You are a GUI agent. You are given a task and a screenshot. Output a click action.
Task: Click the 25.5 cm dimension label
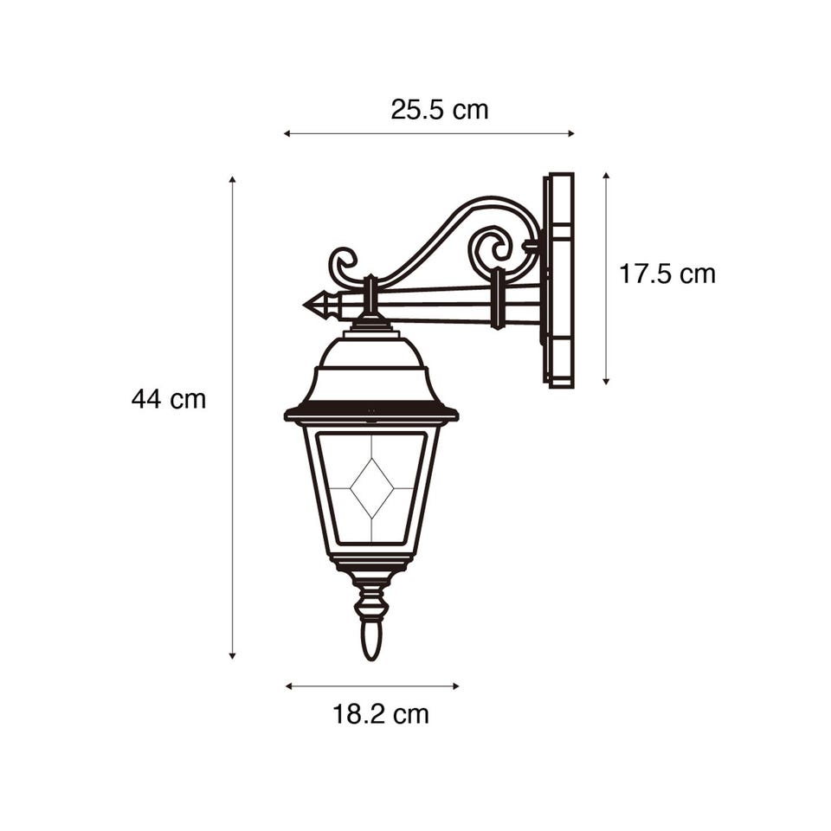440,110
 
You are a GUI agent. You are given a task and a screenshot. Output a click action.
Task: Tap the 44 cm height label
169,398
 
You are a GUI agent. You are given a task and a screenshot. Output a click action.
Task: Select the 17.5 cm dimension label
667,274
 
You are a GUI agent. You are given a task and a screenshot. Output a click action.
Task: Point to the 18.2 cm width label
381,714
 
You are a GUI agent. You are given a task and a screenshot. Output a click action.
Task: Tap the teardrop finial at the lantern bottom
371,641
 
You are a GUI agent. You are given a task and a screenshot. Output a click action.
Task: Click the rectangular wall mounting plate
558,280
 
